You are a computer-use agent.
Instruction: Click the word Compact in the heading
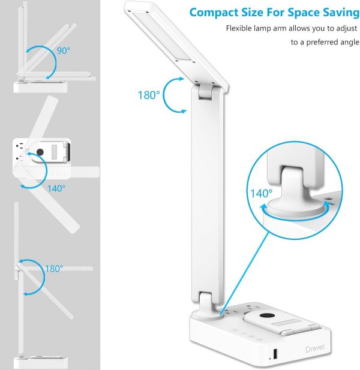pyautogui.click(x=214, y=13)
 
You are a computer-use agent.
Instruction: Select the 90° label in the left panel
pyautogui.click(x=64, y=51)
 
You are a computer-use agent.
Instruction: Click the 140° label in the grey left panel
pyautogui.click(x=56, y=188)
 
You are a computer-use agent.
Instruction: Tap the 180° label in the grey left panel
pyautogui.click(x=54, y=269)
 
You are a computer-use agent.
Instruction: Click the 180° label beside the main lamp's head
pyautogui.click(x=149, y=95)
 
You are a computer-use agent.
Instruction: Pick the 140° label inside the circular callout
pyautogui.click(x=261, y=194)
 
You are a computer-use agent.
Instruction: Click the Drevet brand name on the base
pyautogui.click(x=315, y=348)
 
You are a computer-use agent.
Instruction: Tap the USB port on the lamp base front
pyautogui.click(x=275, y=353)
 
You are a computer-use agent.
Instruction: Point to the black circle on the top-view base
pyautogui.click(x=40, y=152)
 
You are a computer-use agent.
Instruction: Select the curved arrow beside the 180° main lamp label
pyautogui.click(x=164, y=95)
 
